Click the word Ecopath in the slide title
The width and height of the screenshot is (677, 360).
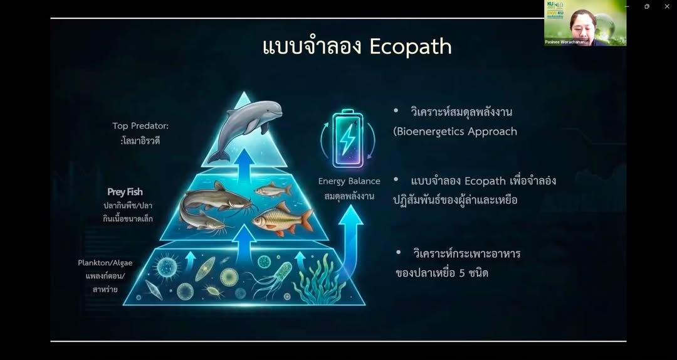[411, 46]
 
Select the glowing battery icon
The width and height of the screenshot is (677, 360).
[347, 139]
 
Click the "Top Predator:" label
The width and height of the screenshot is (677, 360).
[140, 126]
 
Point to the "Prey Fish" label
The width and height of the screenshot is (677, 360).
[125, 192]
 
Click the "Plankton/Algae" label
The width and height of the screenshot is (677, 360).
[105, 263]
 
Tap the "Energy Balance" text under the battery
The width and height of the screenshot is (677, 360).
[349, 181]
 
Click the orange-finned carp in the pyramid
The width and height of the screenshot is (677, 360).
[282, 219]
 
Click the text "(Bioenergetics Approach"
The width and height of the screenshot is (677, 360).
[455, 132]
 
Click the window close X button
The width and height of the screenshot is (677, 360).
[666, 6]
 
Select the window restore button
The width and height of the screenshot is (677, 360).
[647, 6]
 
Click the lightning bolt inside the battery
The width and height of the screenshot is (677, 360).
[347, 139]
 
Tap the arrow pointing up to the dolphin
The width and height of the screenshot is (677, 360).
[245, 164]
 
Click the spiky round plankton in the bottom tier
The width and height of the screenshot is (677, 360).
[167, 266]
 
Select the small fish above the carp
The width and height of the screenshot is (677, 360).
[273, 189]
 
